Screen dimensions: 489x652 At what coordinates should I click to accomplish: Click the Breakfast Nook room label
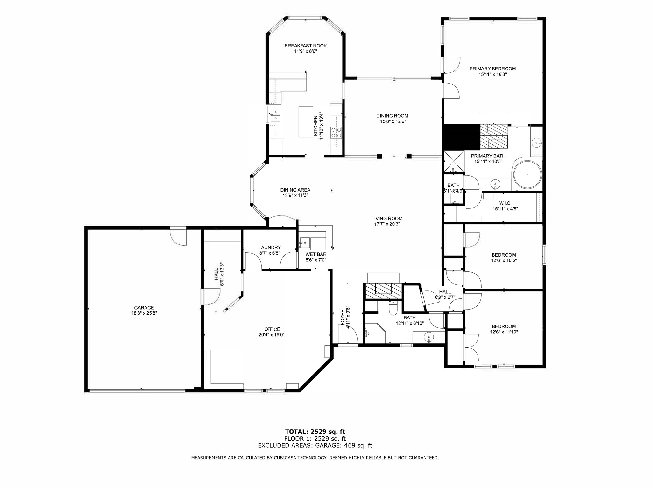point(305,46)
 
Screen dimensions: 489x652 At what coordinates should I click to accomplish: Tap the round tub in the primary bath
point(528,175)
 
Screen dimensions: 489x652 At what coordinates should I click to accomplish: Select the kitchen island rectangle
point(306,122)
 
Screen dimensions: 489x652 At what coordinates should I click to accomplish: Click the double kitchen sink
point(275,115)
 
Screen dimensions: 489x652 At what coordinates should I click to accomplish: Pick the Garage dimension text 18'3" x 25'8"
point(144,313)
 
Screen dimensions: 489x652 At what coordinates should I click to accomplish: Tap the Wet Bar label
point(316,254)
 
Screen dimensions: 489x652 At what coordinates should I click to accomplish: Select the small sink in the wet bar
point(305,243)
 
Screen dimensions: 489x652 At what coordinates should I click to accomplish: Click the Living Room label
point(387,218)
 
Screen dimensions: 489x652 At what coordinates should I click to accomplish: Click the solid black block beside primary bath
point(461,137)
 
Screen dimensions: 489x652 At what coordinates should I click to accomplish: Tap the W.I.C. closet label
point(505,203)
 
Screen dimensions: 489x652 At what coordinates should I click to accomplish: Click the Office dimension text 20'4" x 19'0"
point(272,335)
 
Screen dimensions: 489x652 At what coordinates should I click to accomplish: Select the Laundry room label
point(270,247)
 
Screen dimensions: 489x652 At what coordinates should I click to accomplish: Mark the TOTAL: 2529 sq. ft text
point(315,432)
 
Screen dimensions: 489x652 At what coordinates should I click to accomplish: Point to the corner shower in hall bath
point(374,333)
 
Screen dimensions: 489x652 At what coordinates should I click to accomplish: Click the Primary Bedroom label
point(493,69)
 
